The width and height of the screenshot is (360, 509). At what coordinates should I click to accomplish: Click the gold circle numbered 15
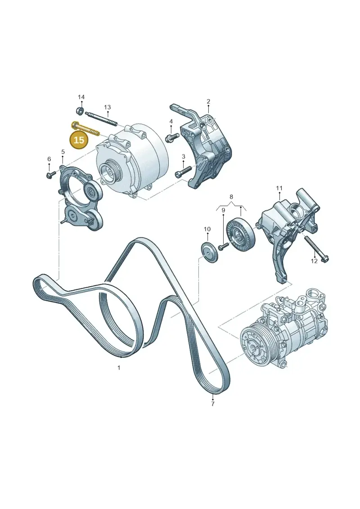pos(79,140)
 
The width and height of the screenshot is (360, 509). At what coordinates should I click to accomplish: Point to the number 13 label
pos(108,107)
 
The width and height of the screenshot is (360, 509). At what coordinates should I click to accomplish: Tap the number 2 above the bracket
pos(208,102)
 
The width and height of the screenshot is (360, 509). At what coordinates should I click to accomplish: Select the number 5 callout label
pos(63,152)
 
